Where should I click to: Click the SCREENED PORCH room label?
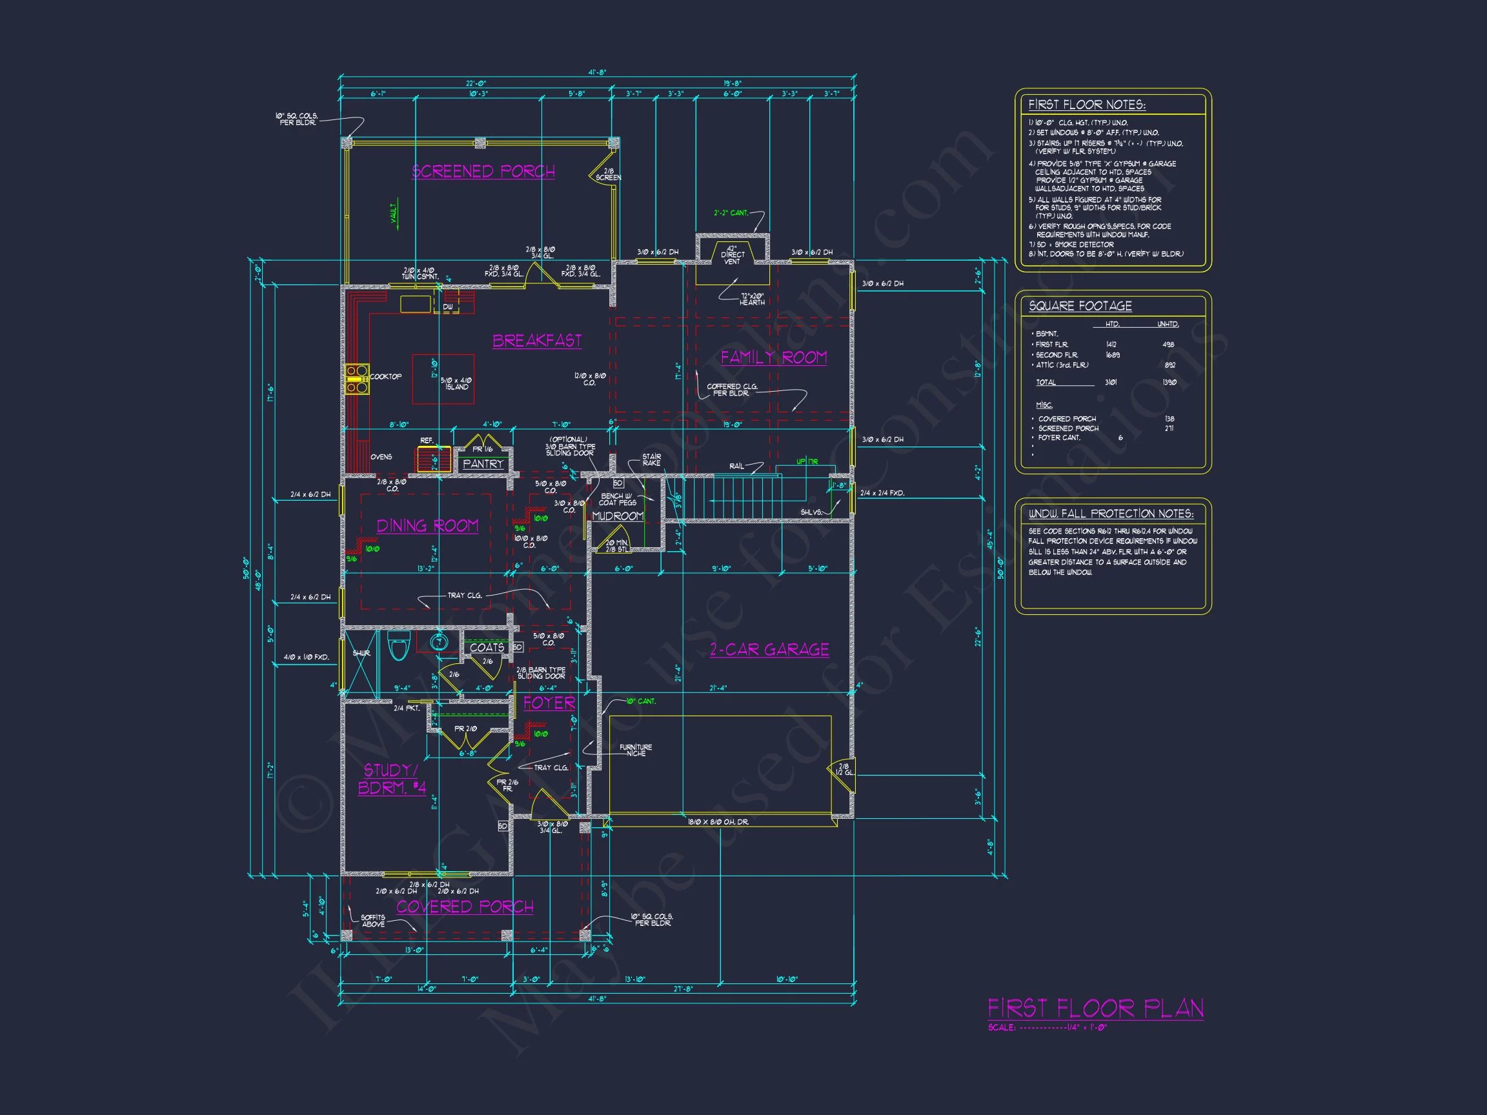tap(483, 172)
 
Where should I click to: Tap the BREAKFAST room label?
tap(536, 341)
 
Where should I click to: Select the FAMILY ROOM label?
tap(773, 357)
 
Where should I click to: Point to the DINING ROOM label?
tap(427, 526)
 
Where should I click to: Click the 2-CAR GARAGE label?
tap(769, 649)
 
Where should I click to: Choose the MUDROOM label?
tap(617, 516)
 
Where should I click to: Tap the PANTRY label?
tap(483, 464)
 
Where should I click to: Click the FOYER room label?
tap(549, 703)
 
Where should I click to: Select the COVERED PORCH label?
tap(465, 907)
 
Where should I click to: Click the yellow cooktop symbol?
tap(357, 379)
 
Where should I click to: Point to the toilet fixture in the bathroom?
tap(399, 648)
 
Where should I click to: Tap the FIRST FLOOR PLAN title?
tap(1095, 1009)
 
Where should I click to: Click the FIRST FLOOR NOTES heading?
tap(1086, 105)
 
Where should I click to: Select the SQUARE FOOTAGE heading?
tap(1080, 306)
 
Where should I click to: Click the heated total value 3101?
tap(1111, 383)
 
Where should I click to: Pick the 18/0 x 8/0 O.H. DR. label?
tap(718, 822)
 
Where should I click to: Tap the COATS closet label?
tap(487, 647)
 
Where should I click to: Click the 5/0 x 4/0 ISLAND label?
tap(456, 384)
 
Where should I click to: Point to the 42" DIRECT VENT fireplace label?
tap(732, 255)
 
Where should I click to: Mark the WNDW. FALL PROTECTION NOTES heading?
tap(1111, 514)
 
